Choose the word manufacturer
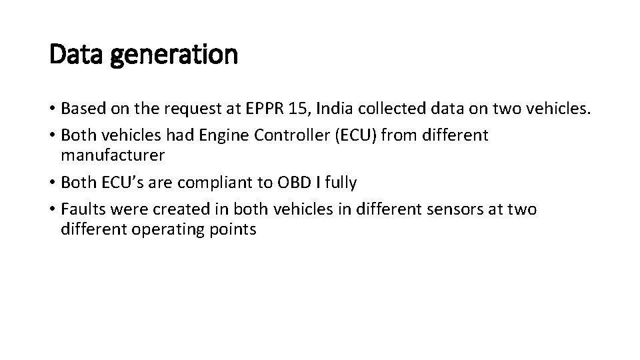coord(113,156)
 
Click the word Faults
coord(81,209)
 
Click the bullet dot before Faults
coord(53,209)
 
